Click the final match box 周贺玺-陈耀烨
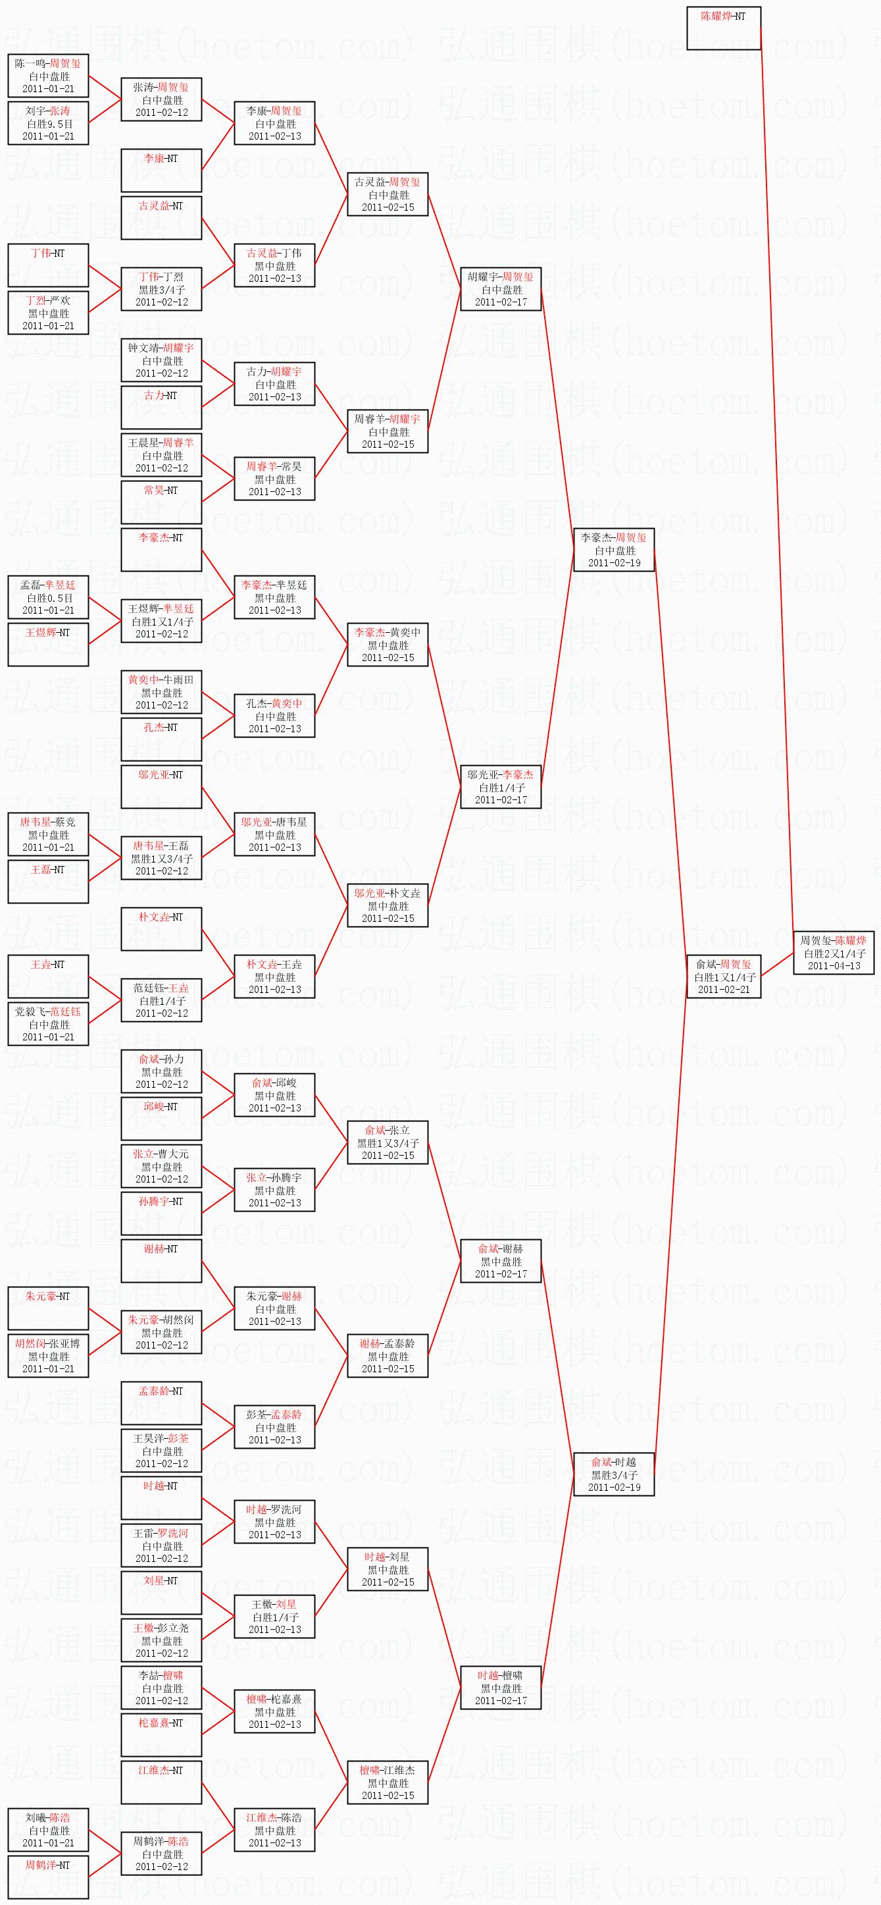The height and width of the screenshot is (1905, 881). [833, 952]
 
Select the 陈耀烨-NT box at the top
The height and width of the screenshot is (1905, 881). [724, 28]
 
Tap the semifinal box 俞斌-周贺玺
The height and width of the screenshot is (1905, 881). [724, 976]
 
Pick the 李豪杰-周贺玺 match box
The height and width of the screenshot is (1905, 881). [613, 549]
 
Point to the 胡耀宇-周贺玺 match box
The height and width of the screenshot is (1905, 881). [500, 289]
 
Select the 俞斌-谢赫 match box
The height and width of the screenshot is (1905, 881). [500, 1261]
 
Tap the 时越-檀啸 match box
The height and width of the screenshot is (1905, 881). [500, 1688]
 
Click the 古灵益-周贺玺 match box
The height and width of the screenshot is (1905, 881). [388, 194]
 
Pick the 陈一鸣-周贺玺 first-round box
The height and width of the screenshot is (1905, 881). [48, 76]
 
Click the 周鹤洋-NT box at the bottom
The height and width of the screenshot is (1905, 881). [48, 1877]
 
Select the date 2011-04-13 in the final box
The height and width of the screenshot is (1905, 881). [834, 966]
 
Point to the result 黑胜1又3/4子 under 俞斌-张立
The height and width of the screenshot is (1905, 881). [388, 1143]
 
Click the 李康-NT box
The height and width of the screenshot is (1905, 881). [161, 170]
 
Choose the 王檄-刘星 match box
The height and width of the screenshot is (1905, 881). [274, 1617]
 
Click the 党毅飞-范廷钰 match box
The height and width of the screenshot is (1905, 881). [48, 1023]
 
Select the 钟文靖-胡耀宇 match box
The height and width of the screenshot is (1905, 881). [161, 360]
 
